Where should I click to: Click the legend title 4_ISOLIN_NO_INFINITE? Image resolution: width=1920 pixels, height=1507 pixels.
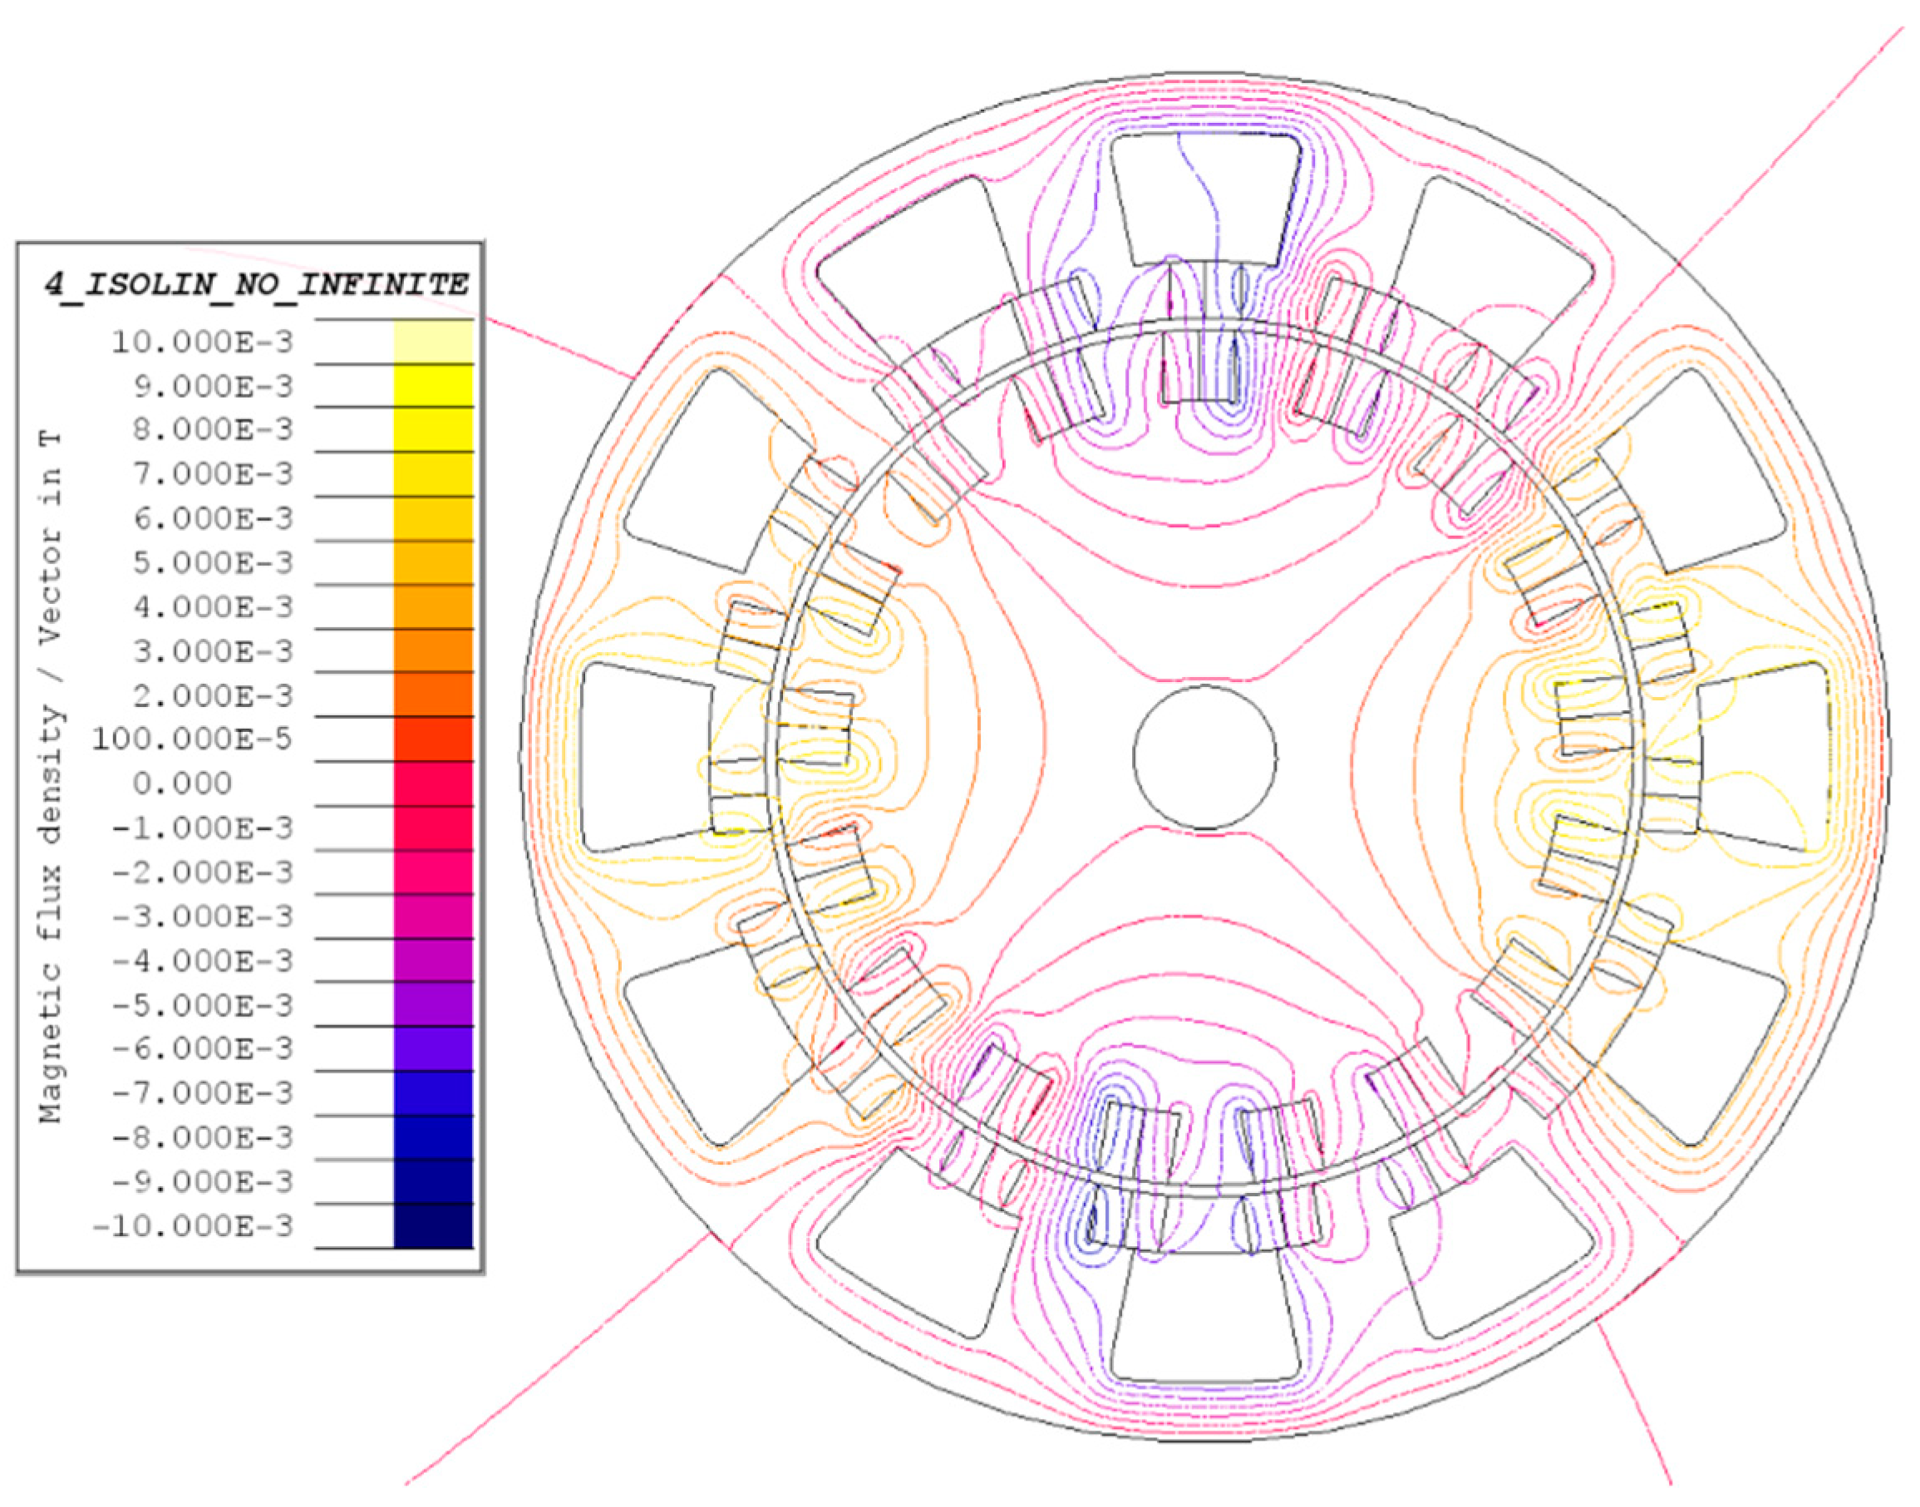[x=256, y=285]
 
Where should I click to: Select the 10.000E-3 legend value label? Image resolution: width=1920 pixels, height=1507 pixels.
[x=201, y=341]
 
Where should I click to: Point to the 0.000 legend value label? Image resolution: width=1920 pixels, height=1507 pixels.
[x=183, y=783]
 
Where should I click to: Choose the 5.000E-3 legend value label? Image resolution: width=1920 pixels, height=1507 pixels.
[x=213, y=562]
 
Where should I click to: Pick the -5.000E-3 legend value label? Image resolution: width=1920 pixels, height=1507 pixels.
[x=203, y=1005]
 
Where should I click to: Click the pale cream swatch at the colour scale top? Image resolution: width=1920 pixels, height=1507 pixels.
[x=433, y=341]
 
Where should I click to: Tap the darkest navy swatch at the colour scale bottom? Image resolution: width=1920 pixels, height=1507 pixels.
[x=433, y=1226]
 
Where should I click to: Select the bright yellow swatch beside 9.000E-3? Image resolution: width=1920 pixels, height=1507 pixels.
[x=433, y=385]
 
